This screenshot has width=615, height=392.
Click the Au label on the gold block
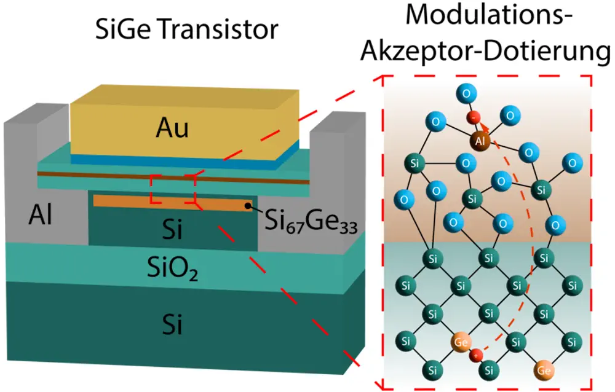[172, 128]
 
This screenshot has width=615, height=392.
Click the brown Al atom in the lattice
[481, 141]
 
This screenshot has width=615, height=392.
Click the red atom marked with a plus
[475, 355]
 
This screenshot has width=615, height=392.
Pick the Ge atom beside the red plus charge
[461, 341]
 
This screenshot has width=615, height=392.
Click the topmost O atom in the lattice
[465, 93]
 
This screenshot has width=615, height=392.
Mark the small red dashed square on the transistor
[173, 189]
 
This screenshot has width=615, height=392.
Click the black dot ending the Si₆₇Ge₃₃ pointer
[247, 206]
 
